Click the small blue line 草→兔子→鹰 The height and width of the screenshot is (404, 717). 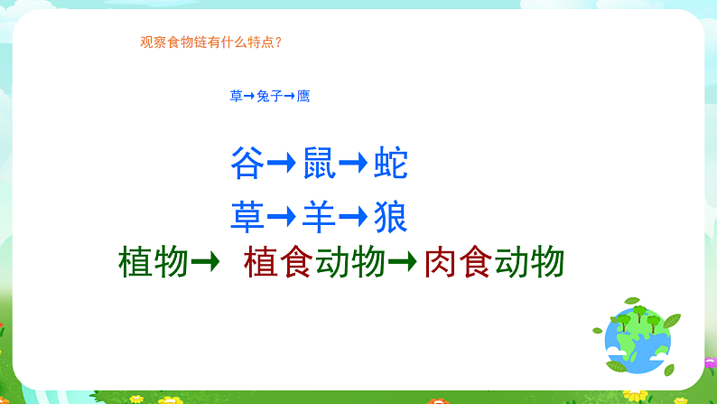tap(270, 96)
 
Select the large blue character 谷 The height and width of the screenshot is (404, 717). tap(247, 164)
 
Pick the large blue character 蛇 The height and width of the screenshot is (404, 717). tap(391, 164)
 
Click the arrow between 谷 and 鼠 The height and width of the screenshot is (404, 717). tap(283, 164)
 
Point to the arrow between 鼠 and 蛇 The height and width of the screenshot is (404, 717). tap(355, 164)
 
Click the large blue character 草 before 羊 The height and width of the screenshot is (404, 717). tap(247, 217)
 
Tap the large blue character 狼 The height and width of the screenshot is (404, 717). tap(391, 217)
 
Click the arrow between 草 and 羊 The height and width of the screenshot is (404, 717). tap(283, 217)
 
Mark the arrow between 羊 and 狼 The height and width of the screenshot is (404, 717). tap(355, 217)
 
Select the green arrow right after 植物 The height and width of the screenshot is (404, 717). tap(207, 263)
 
